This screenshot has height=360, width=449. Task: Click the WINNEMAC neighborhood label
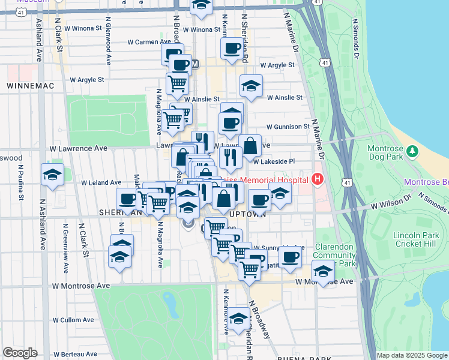click(30, 86)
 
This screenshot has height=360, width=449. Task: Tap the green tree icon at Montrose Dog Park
click(412, 151)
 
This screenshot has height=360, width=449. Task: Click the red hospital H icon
click(317, 179)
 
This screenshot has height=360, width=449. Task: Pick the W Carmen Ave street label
click(151, 42)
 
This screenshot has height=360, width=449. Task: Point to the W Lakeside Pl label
click(274, 161)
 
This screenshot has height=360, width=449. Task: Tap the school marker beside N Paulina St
click(52, 175)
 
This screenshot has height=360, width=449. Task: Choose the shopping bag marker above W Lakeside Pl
click(250, 146)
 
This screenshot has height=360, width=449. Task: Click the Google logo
click(20, 353)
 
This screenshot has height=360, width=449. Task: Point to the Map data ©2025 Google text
click(412, 355)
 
